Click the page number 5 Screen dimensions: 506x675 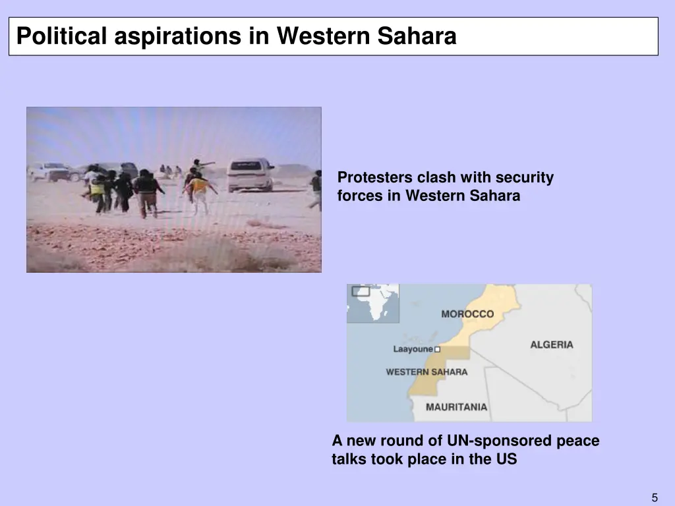point(655,498)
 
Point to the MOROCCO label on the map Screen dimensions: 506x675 point(467,314)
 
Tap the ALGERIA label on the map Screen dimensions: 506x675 point(552,345)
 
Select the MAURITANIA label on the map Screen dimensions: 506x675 point(456,407)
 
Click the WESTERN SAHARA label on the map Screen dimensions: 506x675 point(426,372)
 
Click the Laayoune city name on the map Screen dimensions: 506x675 point(413,349)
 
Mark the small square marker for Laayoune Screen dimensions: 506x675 point(437,349)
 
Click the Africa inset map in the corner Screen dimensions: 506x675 point(373,303)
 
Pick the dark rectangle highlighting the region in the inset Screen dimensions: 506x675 point(361,291)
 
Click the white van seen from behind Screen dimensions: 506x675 point(250,174)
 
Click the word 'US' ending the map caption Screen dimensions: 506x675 point(506,460)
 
